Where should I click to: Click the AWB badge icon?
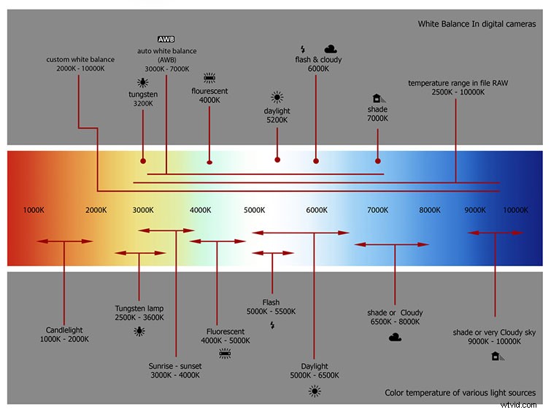(x=166, y=38)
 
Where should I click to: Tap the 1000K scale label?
(x=34, y=210)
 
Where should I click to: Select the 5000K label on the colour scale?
(x=254, y=210)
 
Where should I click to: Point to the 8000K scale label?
(x=430, y=210)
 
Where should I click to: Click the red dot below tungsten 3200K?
(x=143, y=160)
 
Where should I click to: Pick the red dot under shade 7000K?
(x=378, y=160)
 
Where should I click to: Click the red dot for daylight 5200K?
(x=277, y=160)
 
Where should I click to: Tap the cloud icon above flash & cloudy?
(x=331, y=49)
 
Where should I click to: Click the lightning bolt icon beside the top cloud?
(x=303, y=49)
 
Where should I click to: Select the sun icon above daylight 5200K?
(x=277, y=97)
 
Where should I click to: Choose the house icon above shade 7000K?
(x=377, y=98)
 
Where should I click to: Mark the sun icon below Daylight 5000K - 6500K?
(x=315, y=391)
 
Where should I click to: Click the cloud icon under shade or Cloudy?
(x=395, y=337)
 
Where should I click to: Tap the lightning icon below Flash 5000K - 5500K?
(x=272, y=325)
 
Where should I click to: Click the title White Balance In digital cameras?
(x=477, y=24)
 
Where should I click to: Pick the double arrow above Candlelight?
(x=64, y=241)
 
